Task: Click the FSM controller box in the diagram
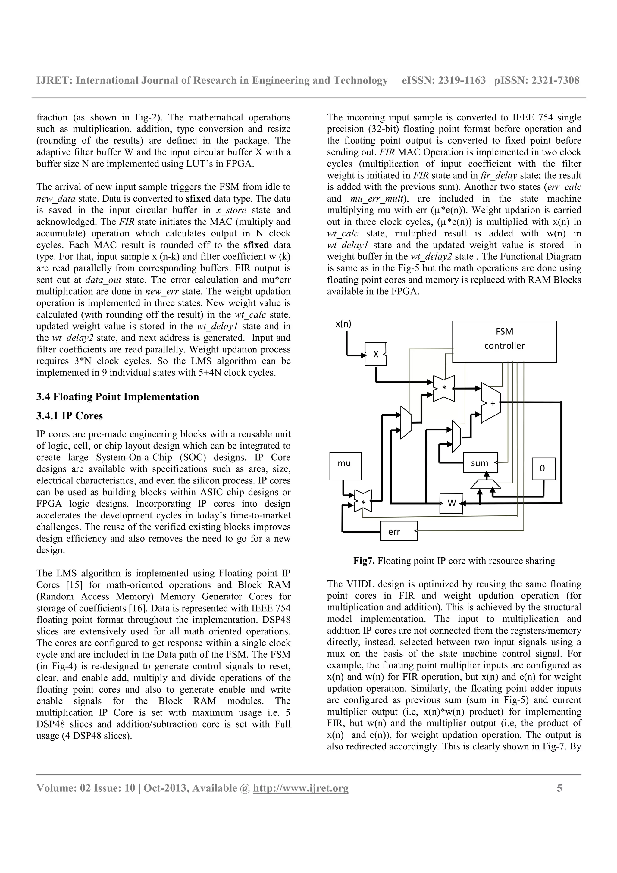click(x=504, y=341)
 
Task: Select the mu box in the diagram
click(x=345, y=466)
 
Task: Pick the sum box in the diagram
click(x=480, y=463)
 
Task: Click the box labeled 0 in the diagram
click(x=543, y=468)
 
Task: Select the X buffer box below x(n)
click(x=375, y=354)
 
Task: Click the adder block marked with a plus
click(x=491, y=403)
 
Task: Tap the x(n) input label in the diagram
click(x=343, y=324)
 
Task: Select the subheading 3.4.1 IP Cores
click(x=70, y=416)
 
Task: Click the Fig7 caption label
click(x=364, y=561)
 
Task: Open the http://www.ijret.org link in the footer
click(x=301, y=788)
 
